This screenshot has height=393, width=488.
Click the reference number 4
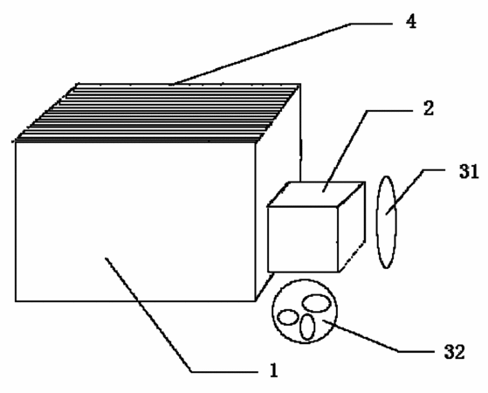click(x=411, y=22)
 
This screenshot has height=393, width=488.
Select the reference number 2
click(x=429, y=108)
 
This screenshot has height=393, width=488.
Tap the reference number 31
click(x=469, y=171)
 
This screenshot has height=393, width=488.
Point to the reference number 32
click(x=454, y=352)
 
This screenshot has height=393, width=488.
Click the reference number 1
click(x=274, y=370)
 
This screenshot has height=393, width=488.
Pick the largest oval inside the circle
click(x=316, y=303)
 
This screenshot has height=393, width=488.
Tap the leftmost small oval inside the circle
click(x=288, y=317)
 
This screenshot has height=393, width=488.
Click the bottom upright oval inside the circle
click(x=307, y=327)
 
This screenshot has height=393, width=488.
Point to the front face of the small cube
click(x=303, y=239)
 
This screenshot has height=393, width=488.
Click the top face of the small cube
click(x=316, y=194)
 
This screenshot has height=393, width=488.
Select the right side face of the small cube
click(x=352, y=227)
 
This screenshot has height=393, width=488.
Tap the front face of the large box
click(x=135, y=222)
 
